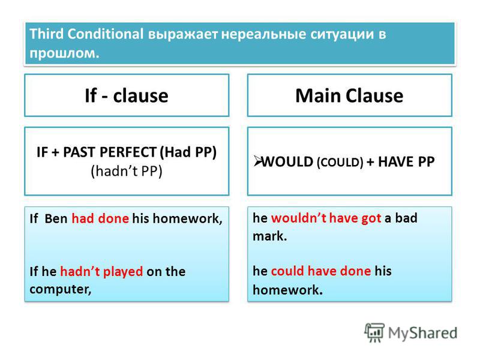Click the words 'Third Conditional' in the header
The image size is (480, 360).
(x=86, y=34)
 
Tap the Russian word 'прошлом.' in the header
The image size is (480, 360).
(x=65, y=53)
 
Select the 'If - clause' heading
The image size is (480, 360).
(x=127, y=95)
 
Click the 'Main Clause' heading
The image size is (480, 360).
(x=349, y=95)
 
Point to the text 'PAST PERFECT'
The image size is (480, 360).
(x=110, y=152)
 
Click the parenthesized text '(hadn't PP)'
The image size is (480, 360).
(x=127, y=171)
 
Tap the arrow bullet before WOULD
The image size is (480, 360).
(x=257, y=161)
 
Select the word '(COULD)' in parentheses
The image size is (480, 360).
(x=340, y=162)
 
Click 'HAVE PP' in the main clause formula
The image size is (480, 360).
(x=406, y=161)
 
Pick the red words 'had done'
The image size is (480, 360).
(x=100, y=218)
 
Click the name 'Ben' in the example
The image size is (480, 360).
(x=56, y=218)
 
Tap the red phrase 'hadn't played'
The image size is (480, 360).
(x=101, y=272)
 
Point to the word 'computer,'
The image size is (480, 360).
(x=61, y=289)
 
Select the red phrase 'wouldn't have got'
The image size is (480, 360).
(x=326, y=218)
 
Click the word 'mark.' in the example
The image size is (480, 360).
(x=269, y=236)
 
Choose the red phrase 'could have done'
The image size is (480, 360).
(x=321, y=271)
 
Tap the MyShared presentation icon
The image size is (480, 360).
(x=374, y=333)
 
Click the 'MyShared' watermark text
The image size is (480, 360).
(x=422, y=333)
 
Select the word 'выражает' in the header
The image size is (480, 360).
(x=183, y=35)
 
